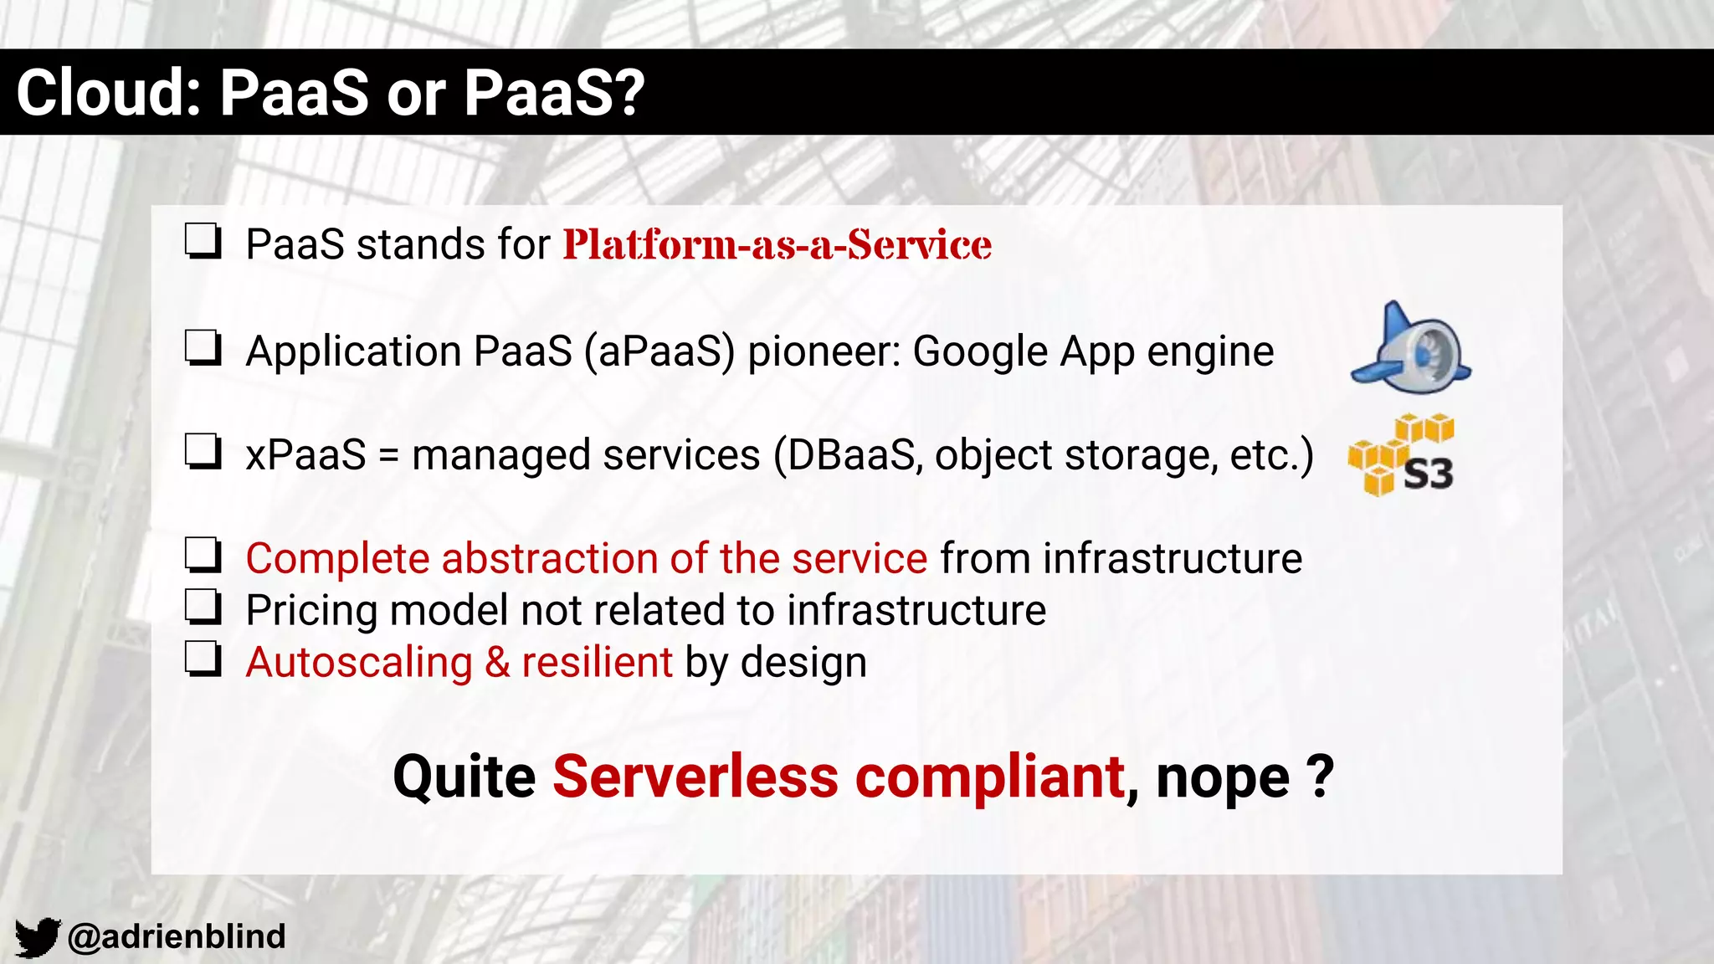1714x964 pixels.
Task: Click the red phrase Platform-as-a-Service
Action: (777, 245)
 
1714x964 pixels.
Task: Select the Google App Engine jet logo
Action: (1410, 348)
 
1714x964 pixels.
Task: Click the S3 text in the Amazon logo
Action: (1428, 474)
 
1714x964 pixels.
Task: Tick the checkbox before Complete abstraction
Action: (203, 556)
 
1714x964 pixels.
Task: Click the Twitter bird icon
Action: (37, 936)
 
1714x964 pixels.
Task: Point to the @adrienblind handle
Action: (177, 936)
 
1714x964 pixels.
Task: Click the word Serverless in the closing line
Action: (695, 777)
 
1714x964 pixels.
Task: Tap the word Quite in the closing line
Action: (464, 777)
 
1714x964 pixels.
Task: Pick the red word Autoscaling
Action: (359, 663)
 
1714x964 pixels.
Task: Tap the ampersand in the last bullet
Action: (497, 663)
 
